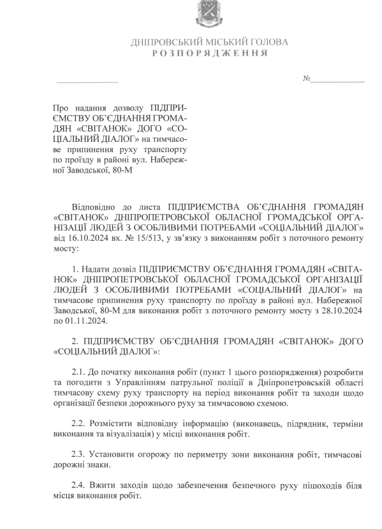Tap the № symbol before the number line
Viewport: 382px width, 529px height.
point(306,79)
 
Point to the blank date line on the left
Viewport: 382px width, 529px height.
point(87,82)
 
